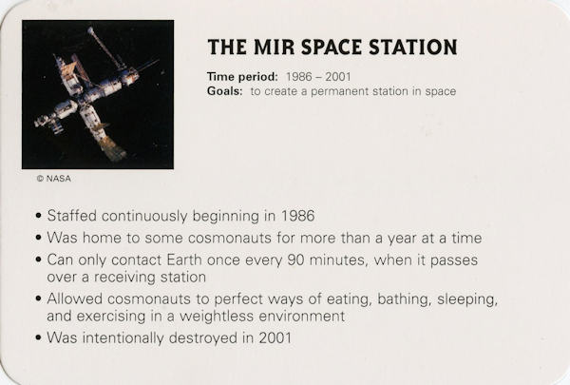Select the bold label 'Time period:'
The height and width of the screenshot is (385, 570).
point(242,77)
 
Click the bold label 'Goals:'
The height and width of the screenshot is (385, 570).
point(224,91)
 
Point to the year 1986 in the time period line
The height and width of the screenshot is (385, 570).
point(299,77)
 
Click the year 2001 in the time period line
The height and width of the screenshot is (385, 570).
point(338,77)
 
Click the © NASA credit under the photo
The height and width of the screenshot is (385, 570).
point(54,179)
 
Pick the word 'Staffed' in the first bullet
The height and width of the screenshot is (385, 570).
point(72,216)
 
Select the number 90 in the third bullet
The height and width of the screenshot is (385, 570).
point(295,260)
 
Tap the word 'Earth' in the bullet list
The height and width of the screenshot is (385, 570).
point(184,260)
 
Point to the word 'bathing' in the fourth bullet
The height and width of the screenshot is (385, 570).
point(404,299)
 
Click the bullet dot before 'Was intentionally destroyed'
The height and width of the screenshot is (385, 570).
point(39,337)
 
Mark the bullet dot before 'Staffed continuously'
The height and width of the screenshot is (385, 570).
point(39,216)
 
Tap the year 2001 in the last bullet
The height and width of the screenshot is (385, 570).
point(275,337)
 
